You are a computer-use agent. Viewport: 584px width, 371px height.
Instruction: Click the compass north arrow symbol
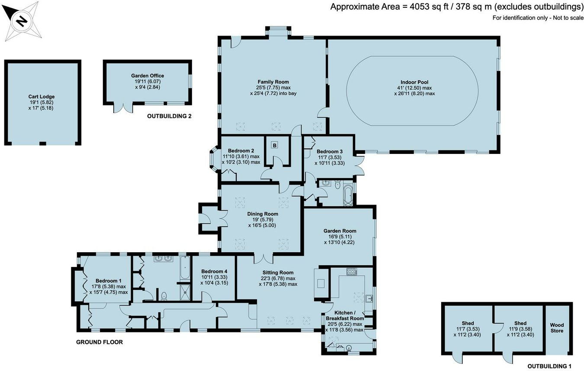20,20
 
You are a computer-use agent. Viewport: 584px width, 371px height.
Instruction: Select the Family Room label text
273,81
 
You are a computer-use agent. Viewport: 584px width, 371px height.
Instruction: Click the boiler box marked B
274,145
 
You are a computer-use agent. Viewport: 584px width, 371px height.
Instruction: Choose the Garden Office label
148,75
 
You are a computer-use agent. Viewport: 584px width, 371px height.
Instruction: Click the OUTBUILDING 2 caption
169,116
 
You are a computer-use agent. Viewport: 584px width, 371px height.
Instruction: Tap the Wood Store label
557,328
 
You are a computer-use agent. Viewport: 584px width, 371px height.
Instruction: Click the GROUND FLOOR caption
99,342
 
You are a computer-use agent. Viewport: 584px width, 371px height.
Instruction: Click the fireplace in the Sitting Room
321,283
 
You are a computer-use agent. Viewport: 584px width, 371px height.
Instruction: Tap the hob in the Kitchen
351,272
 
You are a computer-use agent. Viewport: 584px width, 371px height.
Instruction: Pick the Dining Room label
263,214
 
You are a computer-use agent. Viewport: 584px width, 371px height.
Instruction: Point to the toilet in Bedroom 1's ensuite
164,296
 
